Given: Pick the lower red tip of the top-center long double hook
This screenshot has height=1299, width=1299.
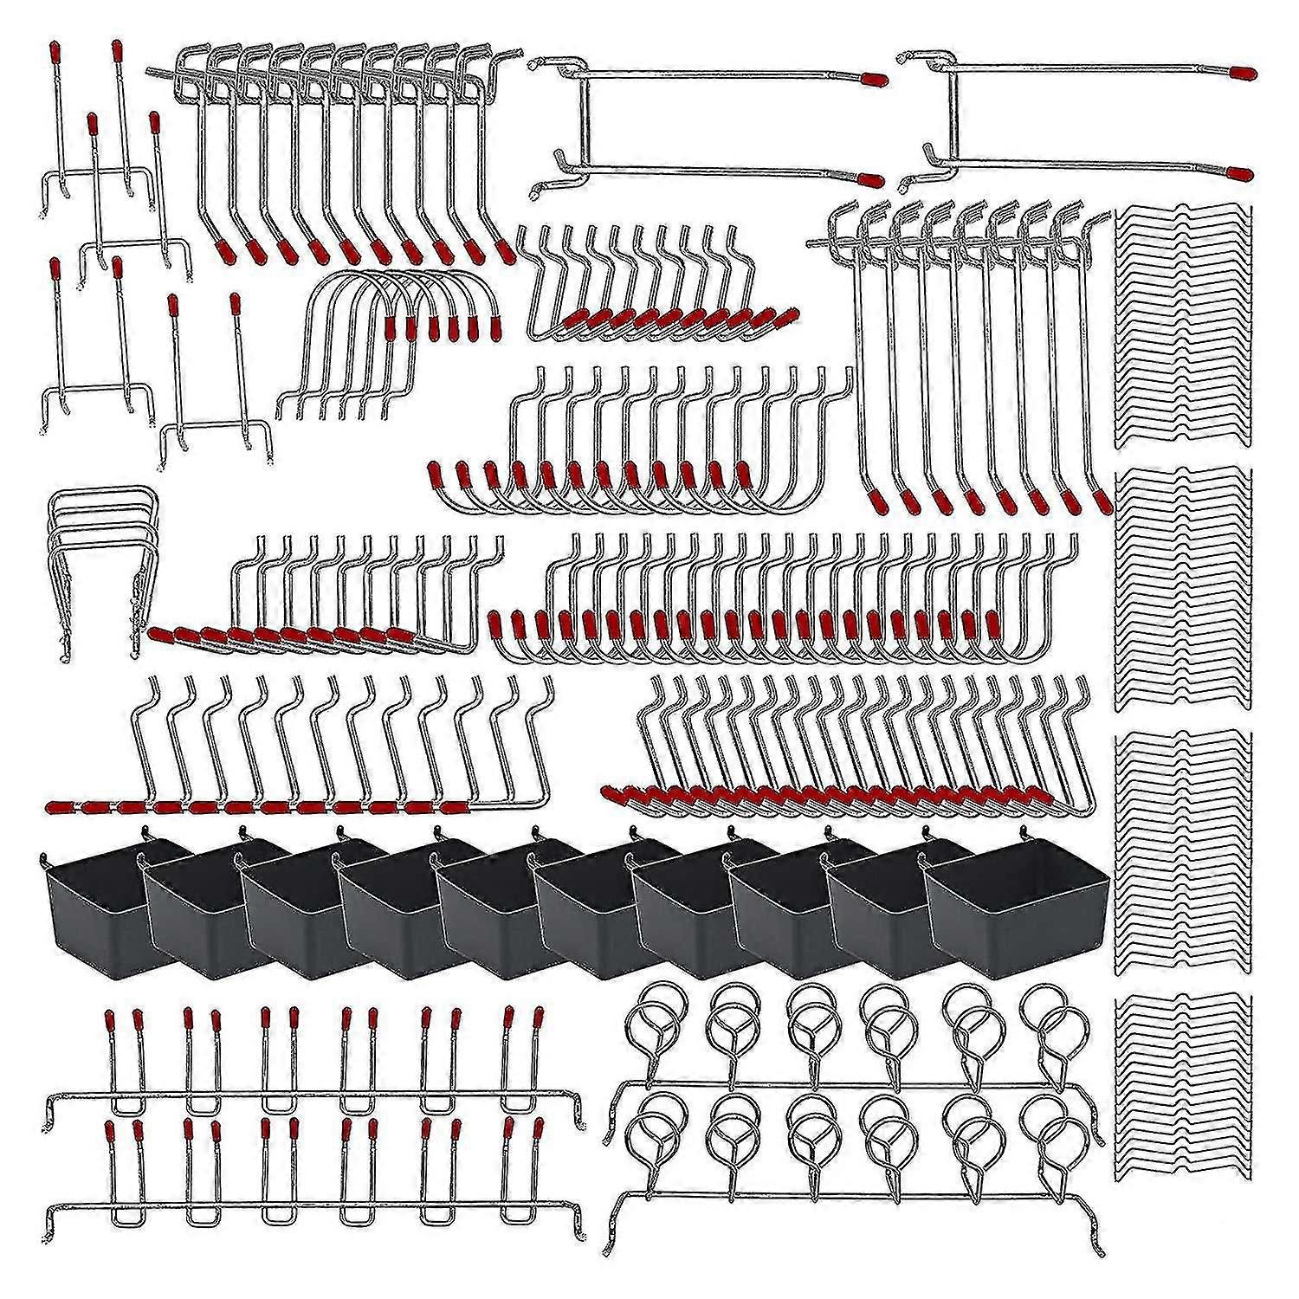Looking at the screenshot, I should click(x=869, y=179).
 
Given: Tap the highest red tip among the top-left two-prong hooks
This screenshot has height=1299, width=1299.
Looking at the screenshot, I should click(x=116, y=48).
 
